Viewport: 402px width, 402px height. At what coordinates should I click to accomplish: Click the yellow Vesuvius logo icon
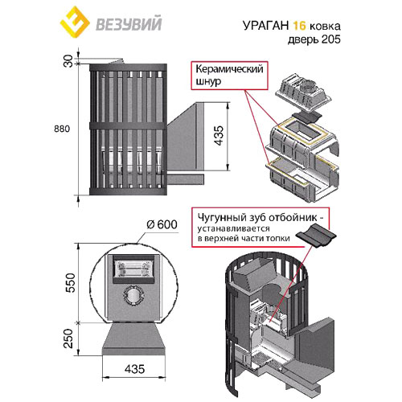(x=75, y=23)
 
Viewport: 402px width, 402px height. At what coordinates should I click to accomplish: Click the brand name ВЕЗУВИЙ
(x=129, y=23)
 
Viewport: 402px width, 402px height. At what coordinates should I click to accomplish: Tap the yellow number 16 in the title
(x=299, y=26)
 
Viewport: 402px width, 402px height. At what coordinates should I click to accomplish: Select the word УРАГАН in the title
(x=266, y=26)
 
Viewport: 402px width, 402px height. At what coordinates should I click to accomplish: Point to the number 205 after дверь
(x=330, y=39)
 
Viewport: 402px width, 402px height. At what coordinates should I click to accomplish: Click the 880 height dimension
(x=62, y=129)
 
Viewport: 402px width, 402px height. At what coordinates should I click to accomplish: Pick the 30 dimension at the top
(x=68, y=61)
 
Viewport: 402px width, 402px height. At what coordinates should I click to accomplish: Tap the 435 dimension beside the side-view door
(x=219, y=135)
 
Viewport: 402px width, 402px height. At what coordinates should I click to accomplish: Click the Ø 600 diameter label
(x=162, y=224)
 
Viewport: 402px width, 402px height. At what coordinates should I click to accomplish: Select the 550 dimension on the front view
(x=69, y=282)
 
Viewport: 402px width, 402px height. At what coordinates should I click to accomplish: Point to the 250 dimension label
(x=69, y=338)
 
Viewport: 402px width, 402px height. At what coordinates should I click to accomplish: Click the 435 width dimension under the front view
(x=134, y=369)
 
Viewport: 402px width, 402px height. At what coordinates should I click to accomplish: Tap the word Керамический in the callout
(x=229, y=69)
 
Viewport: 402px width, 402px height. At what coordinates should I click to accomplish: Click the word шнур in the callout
(x=208, y=81)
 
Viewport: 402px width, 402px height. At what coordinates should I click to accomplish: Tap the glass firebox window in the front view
(x=133, y=269)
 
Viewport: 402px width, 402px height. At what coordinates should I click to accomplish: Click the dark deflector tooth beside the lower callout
(x=316, y=235)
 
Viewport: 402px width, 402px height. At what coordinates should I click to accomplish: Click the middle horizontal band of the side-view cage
(x=128, y=126)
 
